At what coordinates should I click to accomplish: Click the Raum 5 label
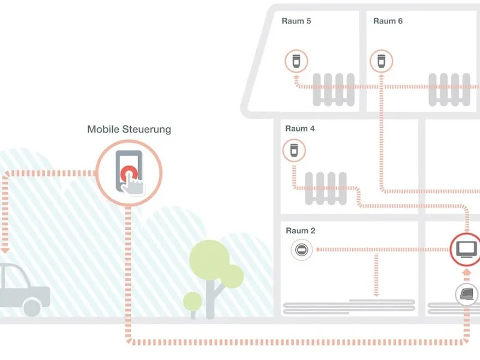pyautogui.click(x=296, y=21)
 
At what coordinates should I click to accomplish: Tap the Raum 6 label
pyautogui.click(x=388, y=21)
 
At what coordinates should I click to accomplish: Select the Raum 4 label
pyautogui.click(x=300, y=128)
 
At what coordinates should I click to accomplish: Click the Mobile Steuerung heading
pyautogui.click(x=129, y=129)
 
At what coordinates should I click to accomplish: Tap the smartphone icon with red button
pyautogui.click(x=129, y=172)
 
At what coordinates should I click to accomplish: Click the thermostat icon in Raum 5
pyautogui.click(x=296, y=61)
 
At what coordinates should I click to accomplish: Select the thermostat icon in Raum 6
pyautogui.click(x=380, y=61)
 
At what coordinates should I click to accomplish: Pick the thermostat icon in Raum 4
pyautogui.click(x=293, y=149)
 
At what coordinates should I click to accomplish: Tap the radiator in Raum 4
pyautogui.click(x=326, y=187)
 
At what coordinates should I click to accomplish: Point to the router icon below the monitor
pyautogui.click(x=467, y=294)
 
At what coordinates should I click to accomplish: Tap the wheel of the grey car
pyautogui.click(x=32, y=307)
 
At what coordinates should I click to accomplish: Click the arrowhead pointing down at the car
pyautogui.click(x=5, y=248)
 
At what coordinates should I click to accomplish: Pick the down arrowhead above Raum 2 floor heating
pyautogui.click(x=376, y=294)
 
